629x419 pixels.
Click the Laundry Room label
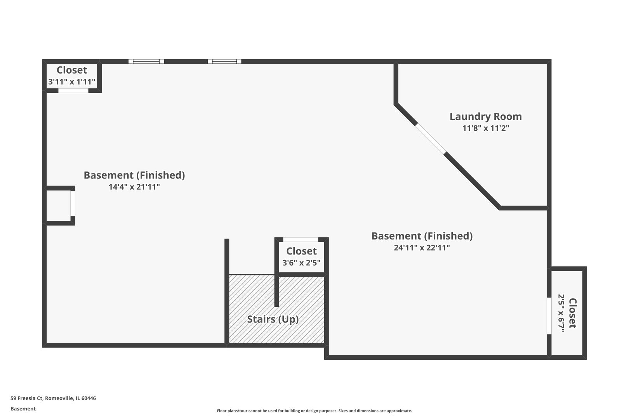click(485, 116)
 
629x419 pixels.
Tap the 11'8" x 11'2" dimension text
click(485, 128)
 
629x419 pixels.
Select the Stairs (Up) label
click(273, 319)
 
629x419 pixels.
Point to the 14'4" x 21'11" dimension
click(134, 187)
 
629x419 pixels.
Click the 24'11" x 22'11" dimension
click(422, 248)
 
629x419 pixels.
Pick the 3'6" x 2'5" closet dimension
click(301, 263)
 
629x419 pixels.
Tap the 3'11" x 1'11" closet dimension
click(72, 82)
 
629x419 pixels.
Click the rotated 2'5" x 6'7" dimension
click(561, 313)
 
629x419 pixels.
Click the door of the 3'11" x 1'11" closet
click(73, 91)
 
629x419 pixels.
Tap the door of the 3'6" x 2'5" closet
click(301, 240)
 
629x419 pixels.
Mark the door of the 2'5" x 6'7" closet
click(549, 316)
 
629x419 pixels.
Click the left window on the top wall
click(146, 61)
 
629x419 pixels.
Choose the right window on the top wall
click(224, 61)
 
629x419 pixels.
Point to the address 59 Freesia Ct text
click(53, 398)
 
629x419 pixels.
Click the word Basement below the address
click(23, 409)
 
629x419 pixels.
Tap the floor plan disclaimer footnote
click(314, 411)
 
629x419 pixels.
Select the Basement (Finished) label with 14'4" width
click(134, 175)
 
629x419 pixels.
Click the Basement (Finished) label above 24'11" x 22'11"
click(422, 236)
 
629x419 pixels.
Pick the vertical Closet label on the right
click(573, 313)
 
